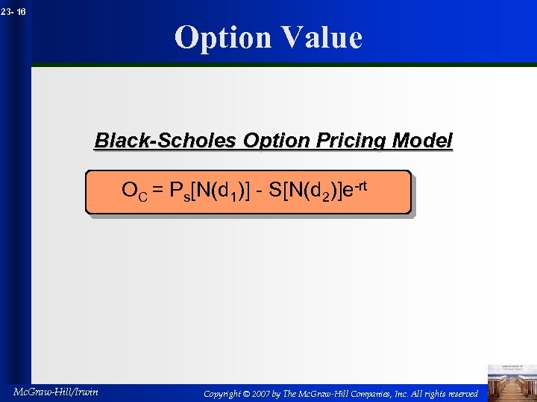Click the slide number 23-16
[13, 12]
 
